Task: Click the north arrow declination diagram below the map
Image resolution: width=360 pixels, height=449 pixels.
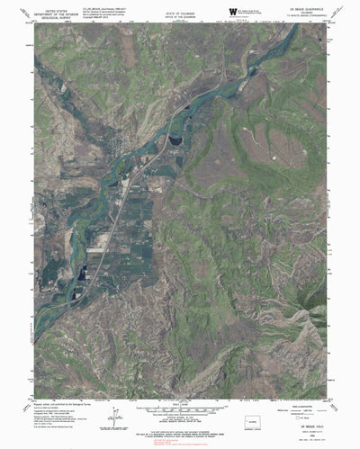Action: [115, 415]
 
